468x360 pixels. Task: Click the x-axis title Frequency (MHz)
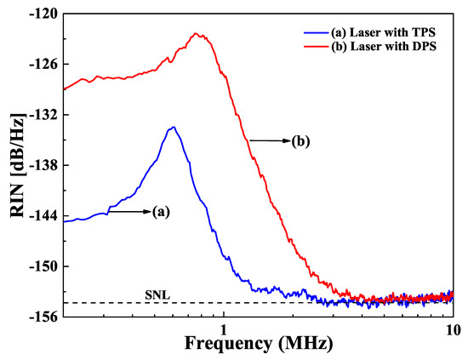pos(256,345)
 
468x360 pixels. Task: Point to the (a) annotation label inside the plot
pos(161,213)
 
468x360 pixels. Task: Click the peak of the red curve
pos(197,34)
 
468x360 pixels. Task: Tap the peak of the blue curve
pos(173,127)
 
